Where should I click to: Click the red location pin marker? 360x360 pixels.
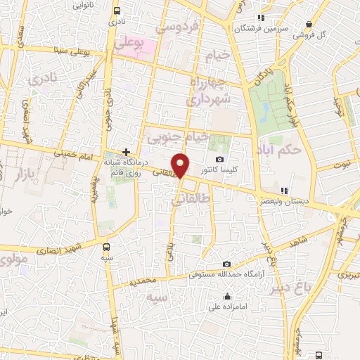[181, 165]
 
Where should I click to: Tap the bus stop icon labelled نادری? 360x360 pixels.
[116, 11]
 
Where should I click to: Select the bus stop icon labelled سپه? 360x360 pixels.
[106, 247]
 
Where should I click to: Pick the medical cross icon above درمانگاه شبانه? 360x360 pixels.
[126, 151]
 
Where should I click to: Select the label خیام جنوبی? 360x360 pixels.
[181, 138]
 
